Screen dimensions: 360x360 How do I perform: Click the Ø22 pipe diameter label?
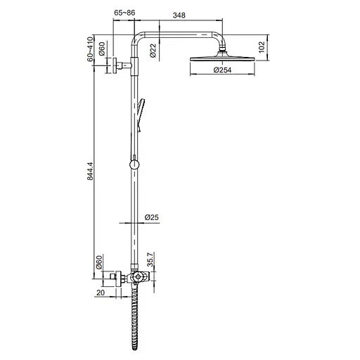(x=152, y=51)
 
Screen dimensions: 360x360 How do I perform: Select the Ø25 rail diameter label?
(x=151, y=218)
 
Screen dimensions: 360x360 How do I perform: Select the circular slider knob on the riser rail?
(x=134, y=165)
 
